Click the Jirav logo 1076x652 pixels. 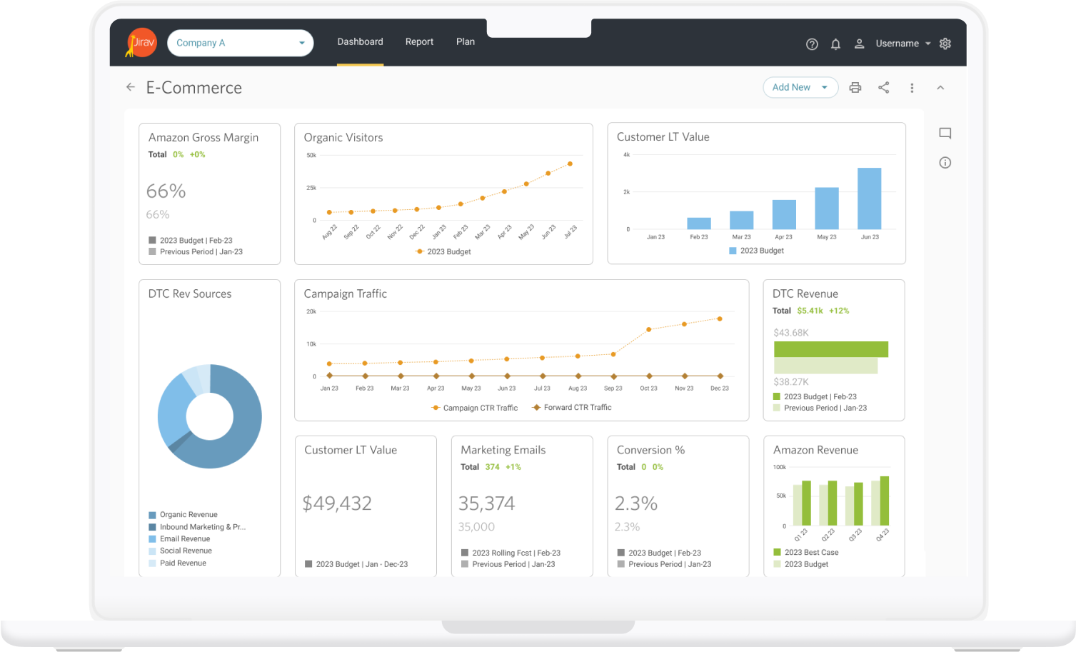(141, 43)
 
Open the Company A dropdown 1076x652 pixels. (240, 43)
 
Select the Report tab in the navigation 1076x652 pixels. (419, 42)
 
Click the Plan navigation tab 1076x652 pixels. (466, 42)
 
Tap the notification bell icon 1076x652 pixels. (835, 44)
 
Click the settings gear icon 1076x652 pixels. (945, 44)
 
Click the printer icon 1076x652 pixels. (855, 88)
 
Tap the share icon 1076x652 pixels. (884, 88)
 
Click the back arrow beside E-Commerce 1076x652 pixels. (131, 87)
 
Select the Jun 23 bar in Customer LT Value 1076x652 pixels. (869, 199)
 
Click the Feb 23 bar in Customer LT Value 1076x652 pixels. (698, 224)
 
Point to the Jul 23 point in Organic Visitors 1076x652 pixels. (570, 164)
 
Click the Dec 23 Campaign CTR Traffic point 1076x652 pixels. (720, 319)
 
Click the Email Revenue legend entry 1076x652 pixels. (184, 539)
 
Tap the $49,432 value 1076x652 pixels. (337, 503)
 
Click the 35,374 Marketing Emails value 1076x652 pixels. (486, 503)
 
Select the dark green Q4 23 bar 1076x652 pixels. (885, 501)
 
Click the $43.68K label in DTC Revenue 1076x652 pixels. (791, 333)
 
